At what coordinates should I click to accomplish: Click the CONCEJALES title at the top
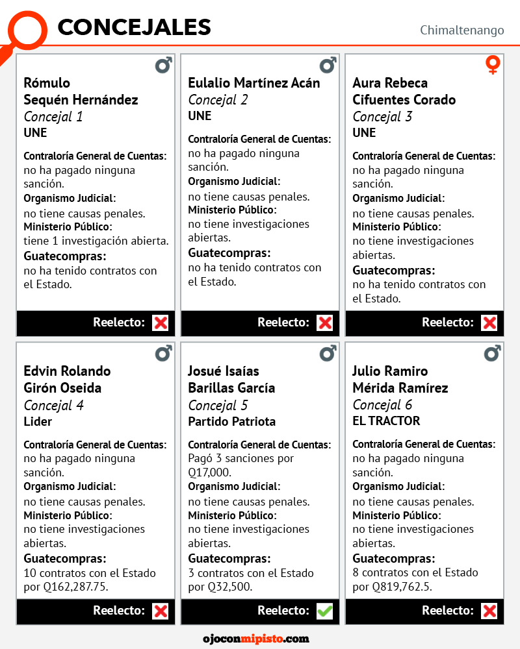click(x=134, y=27)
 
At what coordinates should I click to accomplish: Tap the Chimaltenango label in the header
click(x=461, y=30)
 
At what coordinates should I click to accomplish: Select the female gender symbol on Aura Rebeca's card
click(x=493, y=65)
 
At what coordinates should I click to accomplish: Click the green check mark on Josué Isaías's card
click(x=324, y=611)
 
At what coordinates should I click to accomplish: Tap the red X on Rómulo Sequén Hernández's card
click(x=160, y=323)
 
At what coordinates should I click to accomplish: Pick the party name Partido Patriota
click(x=231, y=421)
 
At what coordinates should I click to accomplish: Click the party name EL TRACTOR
click(x=386, y=421)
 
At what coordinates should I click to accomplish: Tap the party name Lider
click(x=38, y=421)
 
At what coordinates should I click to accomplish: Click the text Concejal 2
click(x=218, y=100)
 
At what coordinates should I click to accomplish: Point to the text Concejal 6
click(x=382, y=405)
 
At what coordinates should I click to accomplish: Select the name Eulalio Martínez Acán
click(x=253, y=83)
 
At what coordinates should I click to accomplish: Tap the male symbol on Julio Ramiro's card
click(x=493, y=353)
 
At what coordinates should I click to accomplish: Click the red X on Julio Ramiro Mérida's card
click(x=489, y=611)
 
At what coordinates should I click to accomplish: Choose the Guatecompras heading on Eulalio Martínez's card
click(x=229, y=253)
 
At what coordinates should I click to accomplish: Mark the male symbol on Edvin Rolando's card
click(x=164, y=353)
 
